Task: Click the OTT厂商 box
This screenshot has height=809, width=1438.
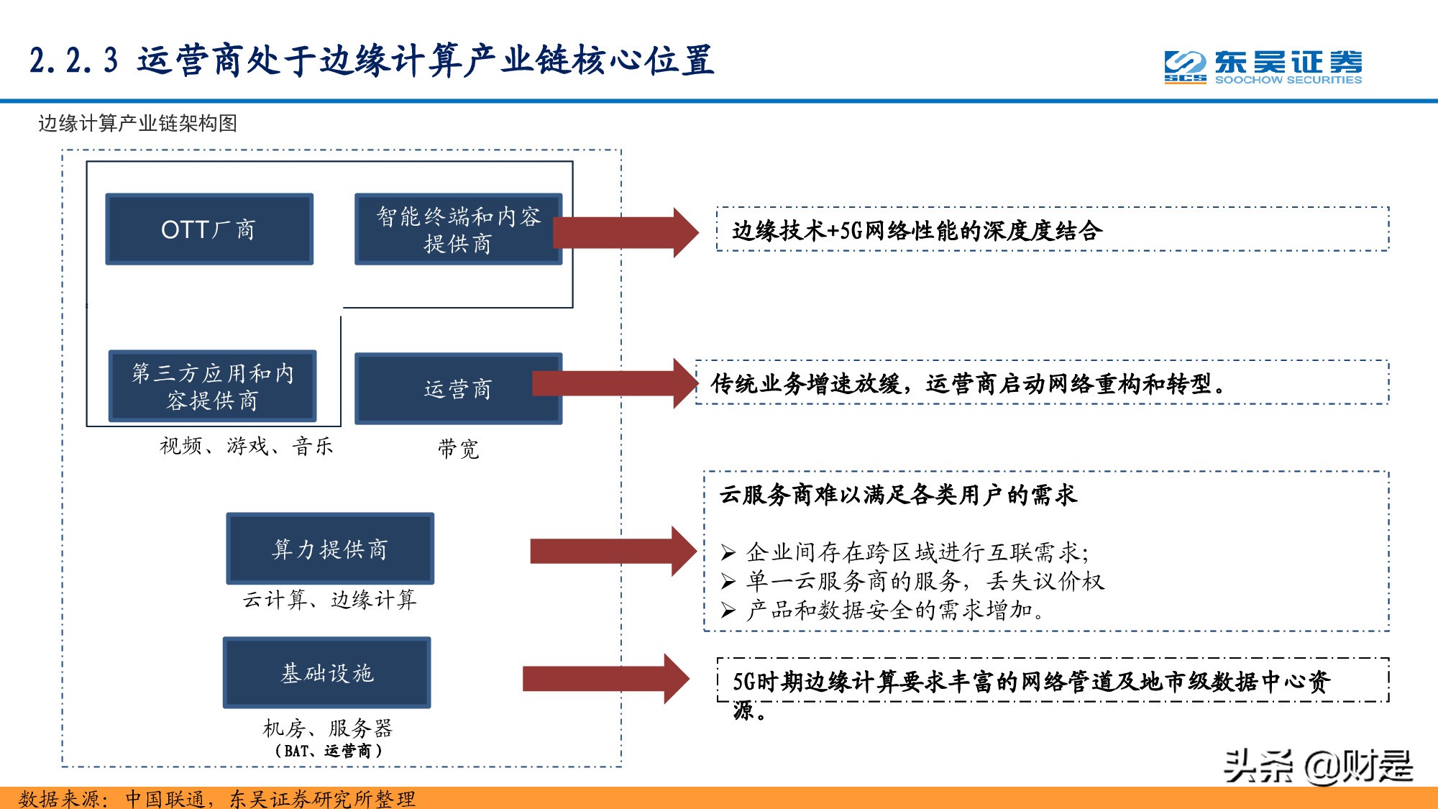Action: point(209,229)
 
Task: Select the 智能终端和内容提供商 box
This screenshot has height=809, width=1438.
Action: point(458,229)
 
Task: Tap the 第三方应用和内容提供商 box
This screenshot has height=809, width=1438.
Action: point(212,386)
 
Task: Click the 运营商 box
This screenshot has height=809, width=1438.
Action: point(458,388)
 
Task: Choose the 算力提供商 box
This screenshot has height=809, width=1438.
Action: point(330,549)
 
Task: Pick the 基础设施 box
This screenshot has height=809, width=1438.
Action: point(327,672)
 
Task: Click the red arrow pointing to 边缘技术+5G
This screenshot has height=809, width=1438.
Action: point(626,232)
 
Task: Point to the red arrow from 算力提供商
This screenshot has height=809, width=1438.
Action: point(613,551)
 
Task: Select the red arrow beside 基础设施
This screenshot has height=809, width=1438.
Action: point(605,678)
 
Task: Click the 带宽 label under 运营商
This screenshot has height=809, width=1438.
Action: point(458,449)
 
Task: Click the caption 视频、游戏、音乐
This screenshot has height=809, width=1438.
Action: point(246,447)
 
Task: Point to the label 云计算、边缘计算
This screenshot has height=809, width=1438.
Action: point(329,600)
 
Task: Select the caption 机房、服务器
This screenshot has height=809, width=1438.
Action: point(327,728)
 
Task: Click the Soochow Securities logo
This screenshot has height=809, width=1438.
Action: point(1263,68)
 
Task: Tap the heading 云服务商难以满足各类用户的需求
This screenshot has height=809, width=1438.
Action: point(897,495)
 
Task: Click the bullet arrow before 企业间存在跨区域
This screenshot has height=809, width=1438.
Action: point(728,552)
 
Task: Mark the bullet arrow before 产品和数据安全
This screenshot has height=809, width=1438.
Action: point(728,611)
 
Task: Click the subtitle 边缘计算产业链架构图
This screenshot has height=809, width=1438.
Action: point(137,124)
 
